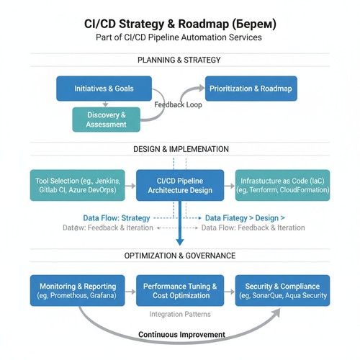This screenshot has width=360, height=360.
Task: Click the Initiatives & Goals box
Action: pos(104,89)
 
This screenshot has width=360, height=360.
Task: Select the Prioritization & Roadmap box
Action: pos(251,89)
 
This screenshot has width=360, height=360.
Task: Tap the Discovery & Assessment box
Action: pos(107,120)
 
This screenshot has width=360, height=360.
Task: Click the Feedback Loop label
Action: pos(178,104)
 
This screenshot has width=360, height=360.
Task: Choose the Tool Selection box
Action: pos(78,185)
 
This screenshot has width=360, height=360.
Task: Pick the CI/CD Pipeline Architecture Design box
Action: pos(180,185)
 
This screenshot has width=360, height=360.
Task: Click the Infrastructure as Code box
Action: pos(282,185)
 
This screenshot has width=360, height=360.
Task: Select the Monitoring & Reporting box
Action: pos(78,291)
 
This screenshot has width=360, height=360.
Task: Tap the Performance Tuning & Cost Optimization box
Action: pos(180,291)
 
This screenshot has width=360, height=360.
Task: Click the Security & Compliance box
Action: pos(282,291)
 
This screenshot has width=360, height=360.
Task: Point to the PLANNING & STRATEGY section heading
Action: pos(179,60)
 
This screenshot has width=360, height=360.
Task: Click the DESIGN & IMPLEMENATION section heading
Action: pos(181,149)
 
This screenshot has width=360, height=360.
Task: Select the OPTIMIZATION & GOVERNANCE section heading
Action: pos(180,256)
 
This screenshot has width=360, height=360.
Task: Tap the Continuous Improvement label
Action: pos(181,334)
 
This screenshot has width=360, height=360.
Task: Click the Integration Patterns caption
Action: pos(180,314)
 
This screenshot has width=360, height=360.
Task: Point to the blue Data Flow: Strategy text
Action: pos(117,218)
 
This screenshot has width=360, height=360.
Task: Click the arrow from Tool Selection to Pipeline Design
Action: pos(130,186)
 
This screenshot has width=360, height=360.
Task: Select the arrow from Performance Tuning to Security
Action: pos(230,292)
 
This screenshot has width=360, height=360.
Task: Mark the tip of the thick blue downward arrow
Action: pos(180,246)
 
